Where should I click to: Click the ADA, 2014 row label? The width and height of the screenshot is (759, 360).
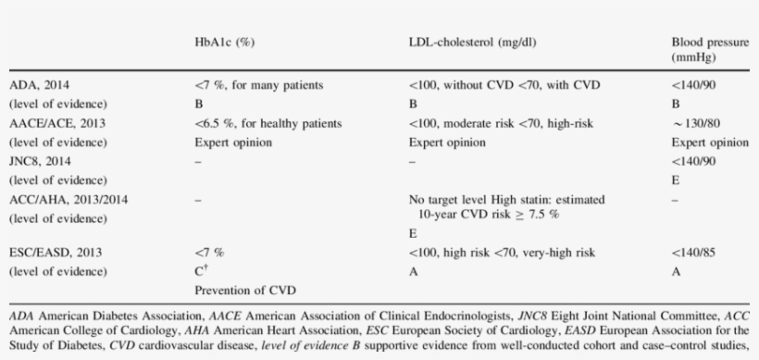pyautogui.click(x=38, y=85)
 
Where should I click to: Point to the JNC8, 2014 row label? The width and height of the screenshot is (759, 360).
pyautogui.click(x=40, y=162)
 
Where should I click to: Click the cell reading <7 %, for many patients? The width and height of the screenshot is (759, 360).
pyautogui.click(x=253, y=85)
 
